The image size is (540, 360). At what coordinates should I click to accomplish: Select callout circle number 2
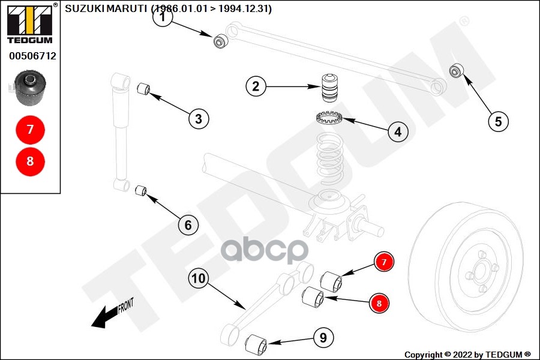tap(256, 86)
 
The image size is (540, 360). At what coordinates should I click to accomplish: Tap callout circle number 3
tap(199, 118)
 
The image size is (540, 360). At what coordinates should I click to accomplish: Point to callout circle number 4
tap(397, 131)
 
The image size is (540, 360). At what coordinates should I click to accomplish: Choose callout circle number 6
tap(188, 225)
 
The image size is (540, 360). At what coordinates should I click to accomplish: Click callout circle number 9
tap(323, 338)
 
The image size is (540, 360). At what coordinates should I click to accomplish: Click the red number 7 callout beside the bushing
tap(384, 262)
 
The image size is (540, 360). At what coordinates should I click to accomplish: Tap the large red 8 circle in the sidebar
tap(30, 161)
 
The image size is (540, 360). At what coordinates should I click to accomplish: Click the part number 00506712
tap(32, 56)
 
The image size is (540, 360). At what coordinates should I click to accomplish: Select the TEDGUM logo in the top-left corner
tap(30, 24)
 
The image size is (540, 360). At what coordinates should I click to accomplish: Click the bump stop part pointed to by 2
tap(328, 89)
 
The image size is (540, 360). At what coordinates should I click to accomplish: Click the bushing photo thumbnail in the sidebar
tap(31, 87)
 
